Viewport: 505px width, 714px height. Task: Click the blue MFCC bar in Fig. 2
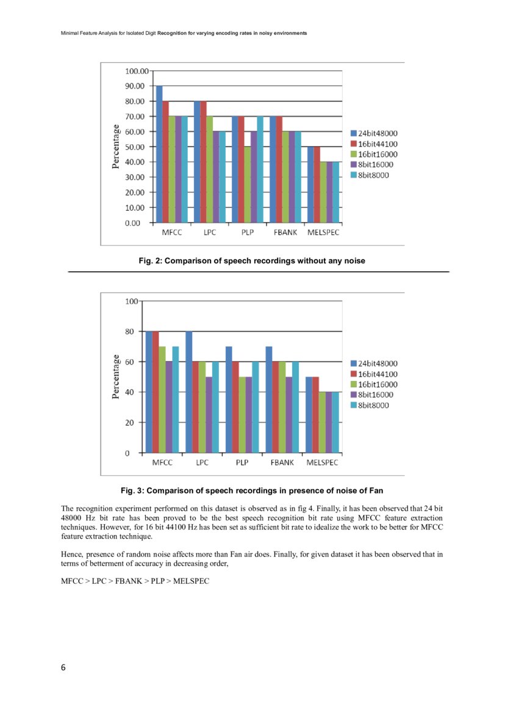pos(159,154)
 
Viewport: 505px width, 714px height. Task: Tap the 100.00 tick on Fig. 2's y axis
pos(137,71)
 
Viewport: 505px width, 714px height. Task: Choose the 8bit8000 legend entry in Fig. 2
pos(373,175)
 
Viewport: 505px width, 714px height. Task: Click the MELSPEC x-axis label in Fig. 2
pos(323,233)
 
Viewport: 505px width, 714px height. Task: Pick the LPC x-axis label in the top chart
pos(210,233)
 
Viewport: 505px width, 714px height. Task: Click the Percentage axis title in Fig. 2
pos(115,147)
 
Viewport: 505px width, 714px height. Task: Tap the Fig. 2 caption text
pos(252,261)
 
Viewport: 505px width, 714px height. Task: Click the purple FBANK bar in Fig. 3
pos(288,415)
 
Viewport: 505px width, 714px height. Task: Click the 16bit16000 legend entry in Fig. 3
pos(377,384)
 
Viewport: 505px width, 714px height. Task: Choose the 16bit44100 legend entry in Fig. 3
pos(377,374)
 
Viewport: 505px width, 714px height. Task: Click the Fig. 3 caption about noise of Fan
pos(252,490)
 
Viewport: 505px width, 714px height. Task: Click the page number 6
pos(63,667)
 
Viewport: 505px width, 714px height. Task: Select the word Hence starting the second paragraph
pos(73,555)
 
